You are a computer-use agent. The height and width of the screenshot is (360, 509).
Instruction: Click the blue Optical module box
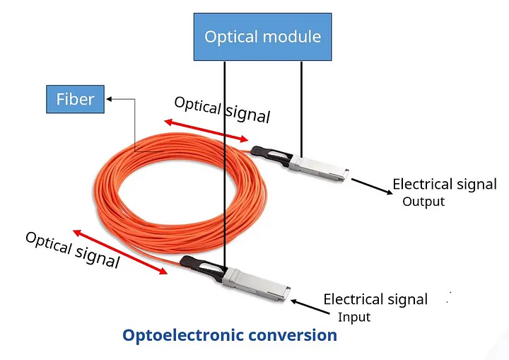tap(262, 37)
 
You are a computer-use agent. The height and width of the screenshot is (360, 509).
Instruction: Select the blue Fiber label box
tap(75, 99)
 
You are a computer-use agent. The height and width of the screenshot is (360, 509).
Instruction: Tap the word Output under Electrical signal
tap(423, 202)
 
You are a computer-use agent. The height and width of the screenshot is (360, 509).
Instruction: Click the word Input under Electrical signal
tap(353, 317)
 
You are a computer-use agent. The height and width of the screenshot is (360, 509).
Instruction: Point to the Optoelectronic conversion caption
tap(230, 335)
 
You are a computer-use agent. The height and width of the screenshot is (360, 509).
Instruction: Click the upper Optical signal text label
tap(222, 110)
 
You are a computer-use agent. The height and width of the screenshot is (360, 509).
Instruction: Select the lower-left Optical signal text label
tap(72, 249)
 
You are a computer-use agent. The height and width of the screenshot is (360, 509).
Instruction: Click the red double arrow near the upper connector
tap(206, 131)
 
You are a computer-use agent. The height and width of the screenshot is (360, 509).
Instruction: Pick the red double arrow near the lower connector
tap(119, 253)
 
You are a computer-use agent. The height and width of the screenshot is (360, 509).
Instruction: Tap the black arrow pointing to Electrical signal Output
tap(370, 186)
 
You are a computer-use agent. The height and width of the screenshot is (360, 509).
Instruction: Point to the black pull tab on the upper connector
tap(269, 155)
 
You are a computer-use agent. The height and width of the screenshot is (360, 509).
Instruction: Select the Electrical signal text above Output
tap(445, 185)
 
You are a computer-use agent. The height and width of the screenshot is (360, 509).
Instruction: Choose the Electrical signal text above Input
tap(375, 299)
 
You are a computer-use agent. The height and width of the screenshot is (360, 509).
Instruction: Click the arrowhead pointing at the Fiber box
tap(109, 99)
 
